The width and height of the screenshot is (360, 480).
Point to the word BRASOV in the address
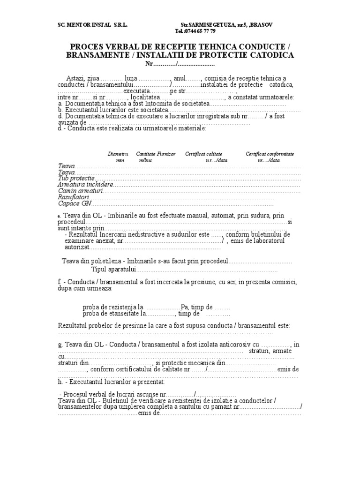point(262,24)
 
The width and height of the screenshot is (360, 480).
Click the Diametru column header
point(118,154)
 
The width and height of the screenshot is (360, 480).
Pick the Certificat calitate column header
point(203,154)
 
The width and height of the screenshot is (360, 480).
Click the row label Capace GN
point(74,203)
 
